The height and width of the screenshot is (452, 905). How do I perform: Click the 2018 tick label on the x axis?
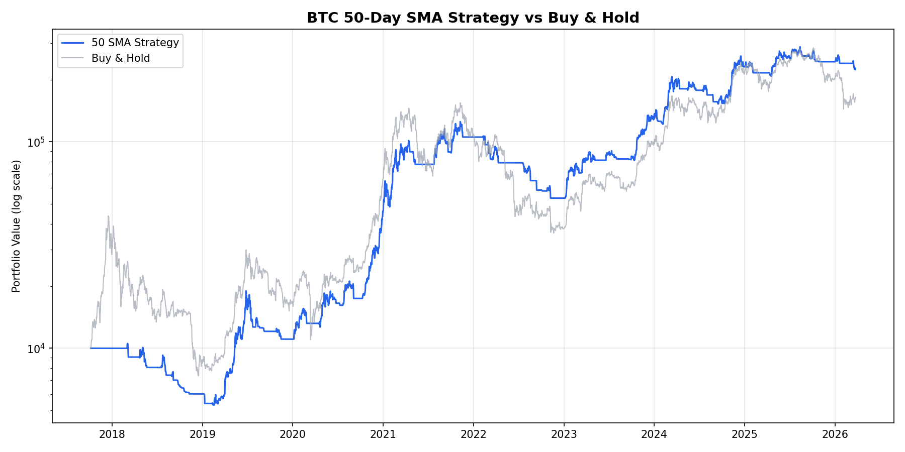(112, 434)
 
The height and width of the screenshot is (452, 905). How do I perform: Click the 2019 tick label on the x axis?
(202, 434)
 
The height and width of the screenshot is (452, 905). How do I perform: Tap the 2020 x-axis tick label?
(293, 434)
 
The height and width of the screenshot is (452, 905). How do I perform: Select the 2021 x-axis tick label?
(383, 434)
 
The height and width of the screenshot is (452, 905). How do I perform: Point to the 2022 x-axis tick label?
(473, 434)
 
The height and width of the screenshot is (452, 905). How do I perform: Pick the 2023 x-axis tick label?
(564, 434)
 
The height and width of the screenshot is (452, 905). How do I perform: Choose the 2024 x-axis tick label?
(654, 434)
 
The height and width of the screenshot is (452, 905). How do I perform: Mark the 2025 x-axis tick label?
(745, 434)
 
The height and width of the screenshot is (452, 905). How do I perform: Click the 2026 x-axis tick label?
(835, 434)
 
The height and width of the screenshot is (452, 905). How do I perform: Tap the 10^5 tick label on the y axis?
(36, 142)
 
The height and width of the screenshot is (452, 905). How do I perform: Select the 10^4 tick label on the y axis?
(36, 349)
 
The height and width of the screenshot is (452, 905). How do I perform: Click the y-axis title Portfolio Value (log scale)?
(17, 226)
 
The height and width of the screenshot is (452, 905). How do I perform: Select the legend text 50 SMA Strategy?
(135, 43)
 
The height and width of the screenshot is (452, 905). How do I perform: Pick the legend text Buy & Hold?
(121, 58)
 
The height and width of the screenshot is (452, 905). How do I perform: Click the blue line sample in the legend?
(72, 43)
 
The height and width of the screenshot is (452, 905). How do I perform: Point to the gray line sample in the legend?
(72, 58)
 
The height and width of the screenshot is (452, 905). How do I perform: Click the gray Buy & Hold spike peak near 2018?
(108, 216)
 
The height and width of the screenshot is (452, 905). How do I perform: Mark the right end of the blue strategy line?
(855, 69)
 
